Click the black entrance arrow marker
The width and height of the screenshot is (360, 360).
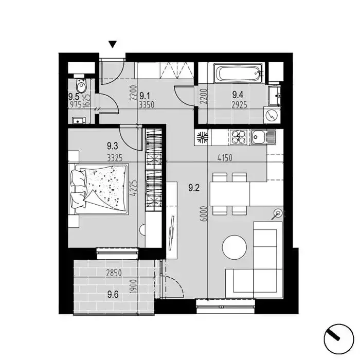[113, 44]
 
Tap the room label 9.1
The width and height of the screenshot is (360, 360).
[145, 95]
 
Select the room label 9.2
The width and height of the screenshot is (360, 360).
[194, 188]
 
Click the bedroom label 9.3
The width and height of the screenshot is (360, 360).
[113, 146]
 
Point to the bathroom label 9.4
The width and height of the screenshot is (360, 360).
[238, 94]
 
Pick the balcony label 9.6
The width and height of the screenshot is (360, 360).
[113, 295]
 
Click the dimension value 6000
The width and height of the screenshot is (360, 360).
[204, 214]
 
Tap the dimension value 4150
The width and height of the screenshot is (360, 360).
[225, 158]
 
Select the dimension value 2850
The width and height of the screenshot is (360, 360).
[114, 273]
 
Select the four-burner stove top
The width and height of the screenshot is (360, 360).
[238, 137]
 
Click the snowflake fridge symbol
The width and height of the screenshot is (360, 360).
[202, 137]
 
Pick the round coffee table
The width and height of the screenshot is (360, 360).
[235, 247]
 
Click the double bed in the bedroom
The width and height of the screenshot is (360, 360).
[99, 189]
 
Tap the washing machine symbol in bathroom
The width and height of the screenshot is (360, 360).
[272, 116]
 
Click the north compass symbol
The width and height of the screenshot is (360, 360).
[338, 339]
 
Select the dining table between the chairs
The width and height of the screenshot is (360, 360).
[229, 194]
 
